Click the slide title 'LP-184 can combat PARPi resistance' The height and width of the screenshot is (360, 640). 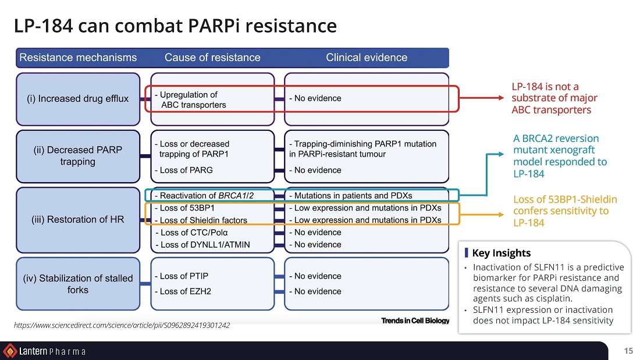coord(175,26)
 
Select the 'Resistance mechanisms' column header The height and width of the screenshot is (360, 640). coord(78,58)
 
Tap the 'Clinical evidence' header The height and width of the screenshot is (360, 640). coord(367,58)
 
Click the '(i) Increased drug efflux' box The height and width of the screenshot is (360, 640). coord(77,99)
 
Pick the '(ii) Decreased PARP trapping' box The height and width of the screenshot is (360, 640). coord(77,156)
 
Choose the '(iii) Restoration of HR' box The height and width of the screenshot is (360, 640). coord(77,219)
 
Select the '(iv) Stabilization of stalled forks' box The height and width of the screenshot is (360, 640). coord(77,284)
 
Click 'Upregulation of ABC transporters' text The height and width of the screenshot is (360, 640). coord(190,99)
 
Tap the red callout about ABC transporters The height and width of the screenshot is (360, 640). coord(554,98)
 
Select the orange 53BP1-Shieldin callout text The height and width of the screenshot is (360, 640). coord(564,211)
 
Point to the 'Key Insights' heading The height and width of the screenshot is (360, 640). coord(501,253)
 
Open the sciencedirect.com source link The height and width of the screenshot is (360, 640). coord(122,325)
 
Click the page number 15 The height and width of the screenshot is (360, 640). coord(628,351)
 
